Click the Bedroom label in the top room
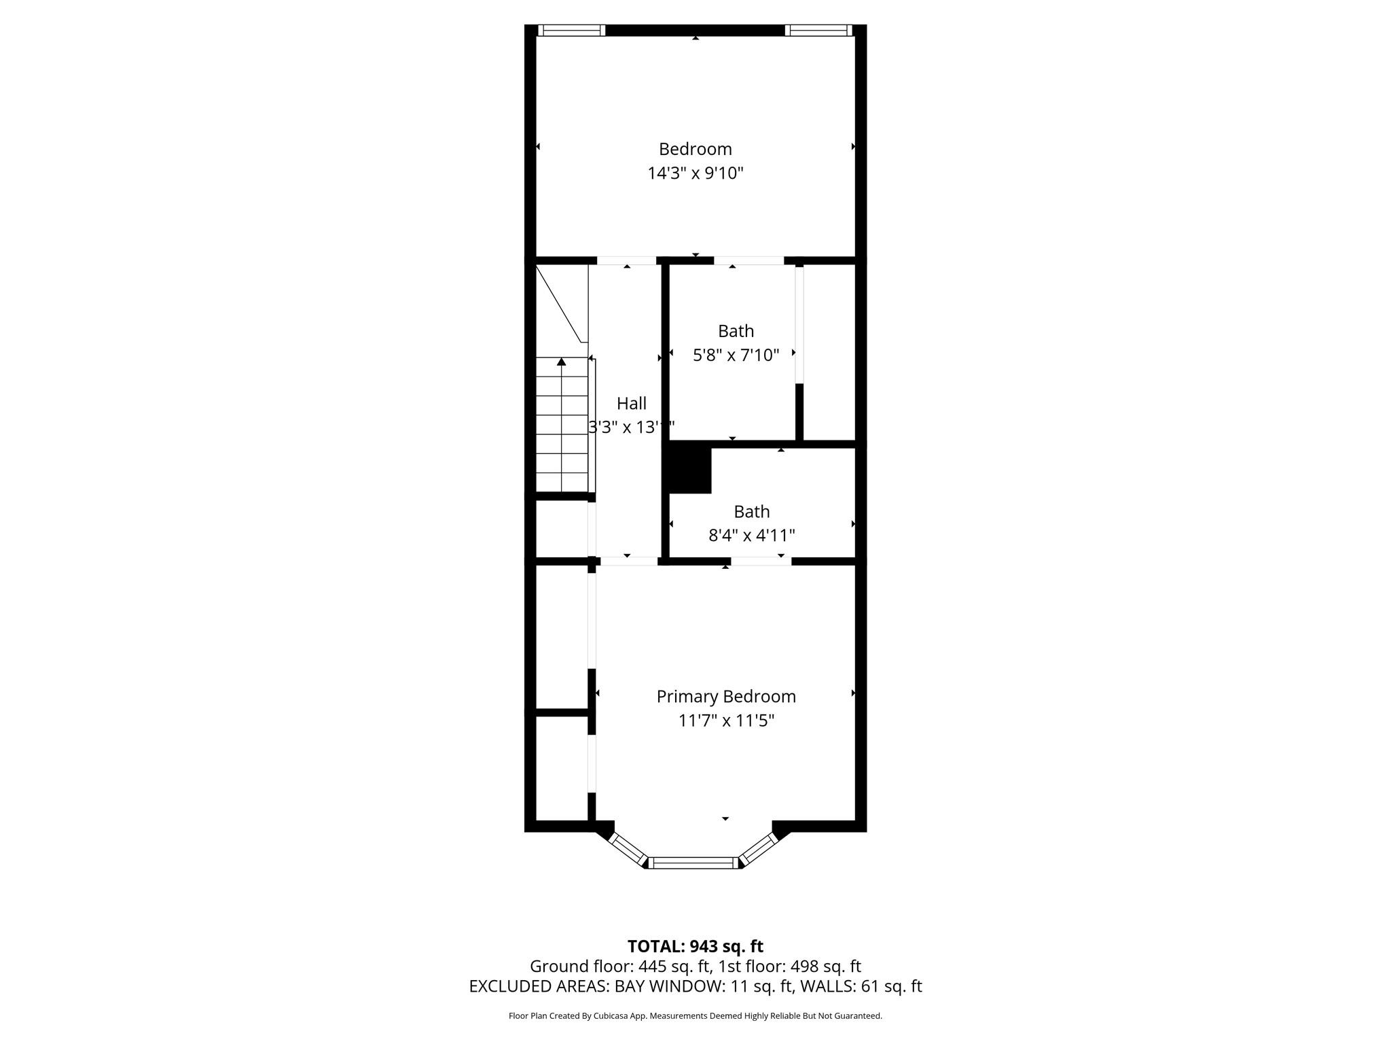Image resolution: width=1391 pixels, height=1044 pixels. (x=695, y=149)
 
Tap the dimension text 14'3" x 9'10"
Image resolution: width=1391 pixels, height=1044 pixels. (x=695, y=173)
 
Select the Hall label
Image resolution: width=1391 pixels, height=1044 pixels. (x=631, y=404)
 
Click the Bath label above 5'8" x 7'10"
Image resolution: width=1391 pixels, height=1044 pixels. (x=736, y=331)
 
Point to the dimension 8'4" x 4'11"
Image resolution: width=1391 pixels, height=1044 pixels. (x=751, y=536)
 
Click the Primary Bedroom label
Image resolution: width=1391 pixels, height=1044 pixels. (x=725, y=697)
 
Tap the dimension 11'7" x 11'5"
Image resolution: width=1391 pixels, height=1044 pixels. (x=725, y=720)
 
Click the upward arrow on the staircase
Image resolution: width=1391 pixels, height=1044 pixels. (x=561, y=362)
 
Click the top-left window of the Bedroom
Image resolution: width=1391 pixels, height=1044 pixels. (x=571, y=30)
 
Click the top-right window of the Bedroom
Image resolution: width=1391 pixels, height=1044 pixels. (x=818, y=30)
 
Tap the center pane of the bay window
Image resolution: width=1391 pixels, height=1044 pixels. (x=693, y=863)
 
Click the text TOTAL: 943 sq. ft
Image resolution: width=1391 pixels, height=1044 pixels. (x=695, y=946)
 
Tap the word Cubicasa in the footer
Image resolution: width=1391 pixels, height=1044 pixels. (x=609, y=1016)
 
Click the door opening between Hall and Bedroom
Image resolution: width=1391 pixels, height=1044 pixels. (x=626, y=260)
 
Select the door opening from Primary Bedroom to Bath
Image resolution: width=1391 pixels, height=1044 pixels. (x=760, y=561)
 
